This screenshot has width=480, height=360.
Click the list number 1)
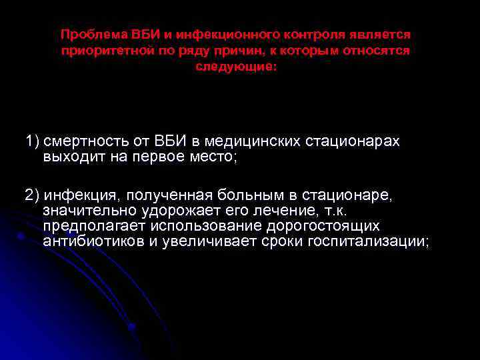pyautogui.click(x=33, y=142)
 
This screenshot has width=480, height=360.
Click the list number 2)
pyautogui.click(x=33, y=195)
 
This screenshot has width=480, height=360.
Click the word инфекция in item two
pyautogui.click(x=79, y=195)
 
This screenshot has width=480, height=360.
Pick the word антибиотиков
pyautogui.click(x=93, y=241)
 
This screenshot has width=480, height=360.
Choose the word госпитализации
pyautogui.click(x=368, y=241)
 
